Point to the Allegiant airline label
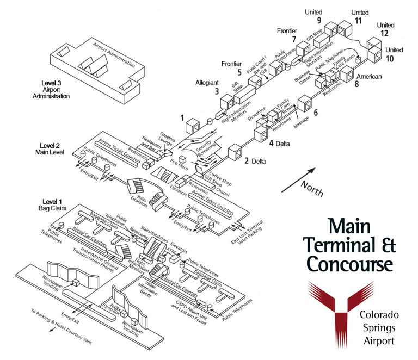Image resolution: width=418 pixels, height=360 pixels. point(207,83)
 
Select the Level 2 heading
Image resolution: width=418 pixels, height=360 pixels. point(53,145)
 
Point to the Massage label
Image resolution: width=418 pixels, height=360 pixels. point(301,122)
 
